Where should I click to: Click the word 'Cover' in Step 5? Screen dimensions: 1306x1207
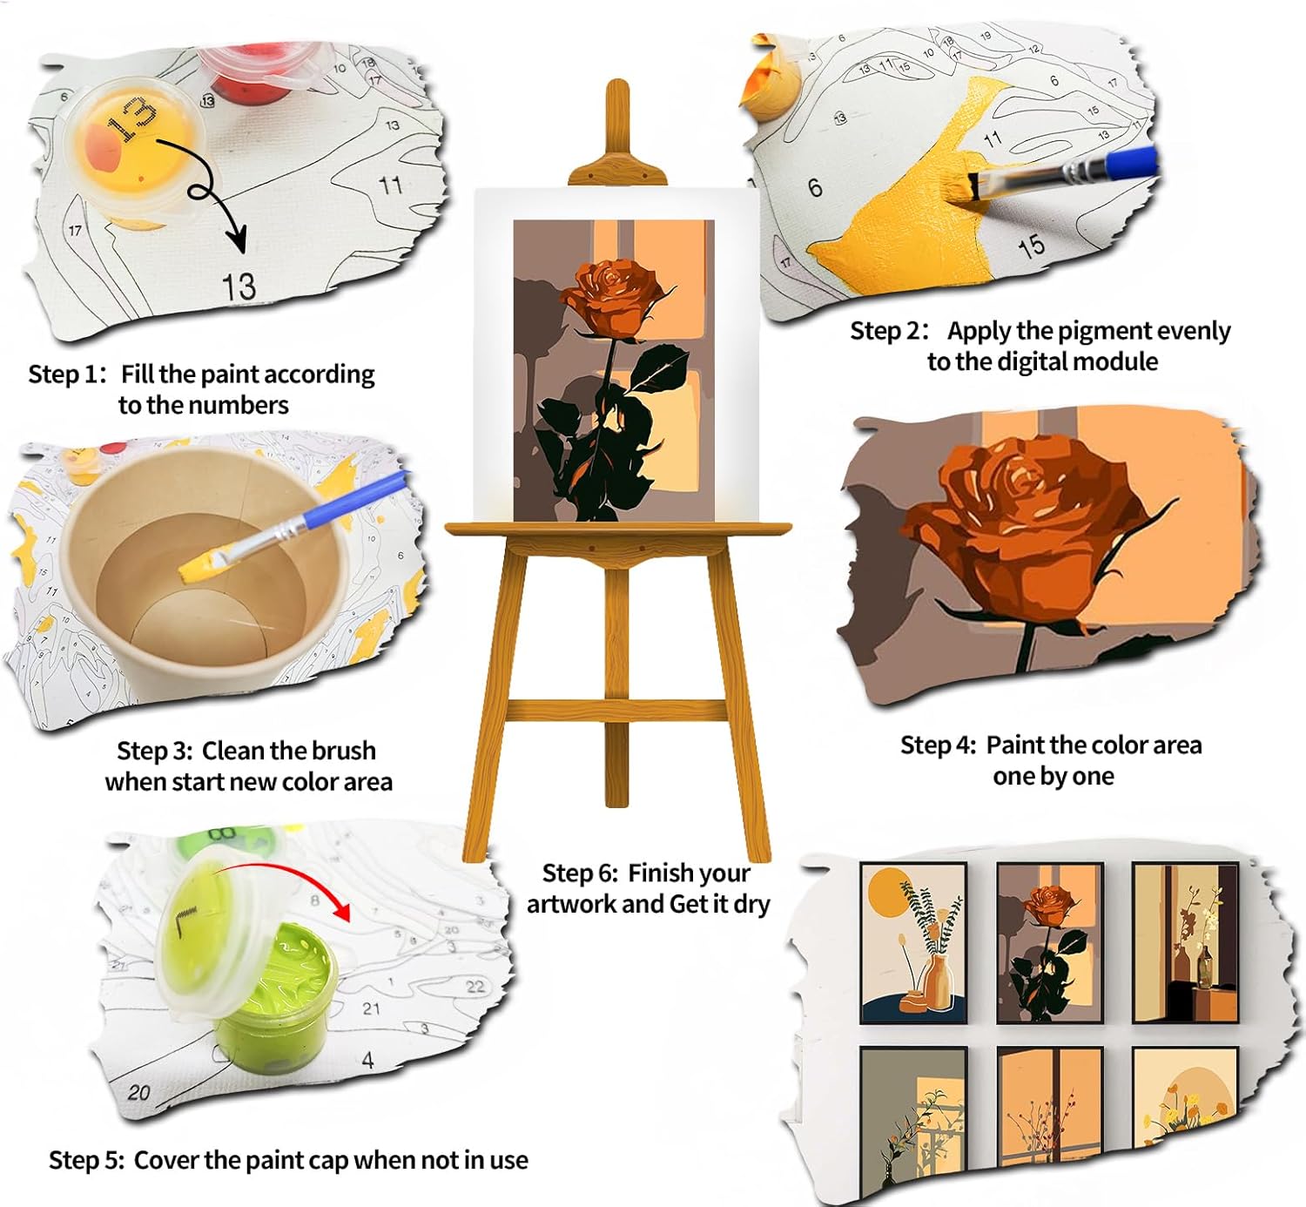[x=166, y=1160]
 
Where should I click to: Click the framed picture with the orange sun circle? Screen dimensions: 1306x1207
[x=913, y=943]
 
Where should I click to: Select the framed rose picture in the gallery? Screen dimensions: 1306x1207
[x=1049, y=943]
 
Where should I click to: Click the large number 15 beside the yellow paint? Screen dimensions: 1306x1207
[x=1031, y=246]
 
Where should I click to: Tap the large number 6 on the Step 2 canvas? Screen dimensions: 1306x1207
[x=816, y=187]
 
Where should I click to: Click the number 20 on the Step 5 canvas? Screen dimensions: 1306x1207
[x=138, y=1093]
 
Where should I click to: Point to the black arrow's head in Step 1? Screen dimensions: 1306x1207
[x=236, y=238]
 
